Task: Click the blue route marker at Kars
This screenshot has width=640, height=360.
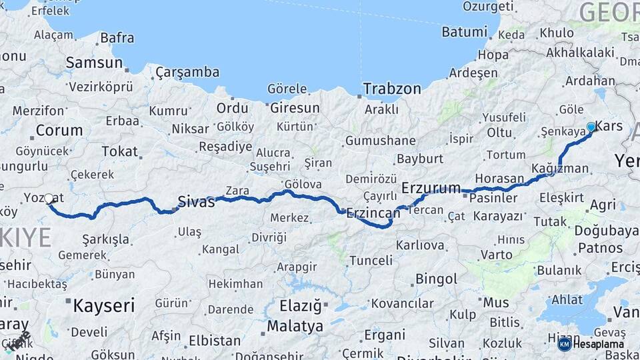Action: [591, 127]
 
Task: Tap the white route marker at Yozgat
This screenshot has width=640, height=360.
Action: [49, 198]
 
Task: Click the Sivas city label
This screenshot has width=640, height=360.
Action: [197, 201]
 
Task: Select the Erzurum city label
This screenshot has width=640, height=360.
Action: [431, 188]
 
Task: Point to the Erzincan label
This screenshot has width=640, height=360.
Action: [373, 213]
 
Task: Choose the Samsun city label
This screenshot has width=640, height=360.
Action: [95, 63]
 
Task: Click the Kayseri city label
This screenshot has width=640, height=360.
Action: [103, 306]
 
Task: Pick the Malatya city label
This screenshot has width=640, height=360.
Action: [295, 327]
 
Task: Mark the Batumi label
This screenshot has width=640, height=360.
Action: [465, 32]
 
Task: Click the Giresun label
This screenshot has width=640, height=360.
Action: [293, 107]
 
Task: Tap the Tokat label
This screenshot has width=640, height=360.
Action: [119, 151]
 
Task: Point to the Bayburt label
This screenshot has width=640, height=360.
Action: [420, 159]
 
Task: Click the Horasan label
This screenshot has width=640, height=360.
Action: [499, 179]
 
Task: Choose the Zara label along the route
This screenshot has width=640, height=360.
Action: [237, 191]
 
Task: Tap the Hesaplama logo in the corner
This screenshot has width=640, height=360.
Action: [591, 344]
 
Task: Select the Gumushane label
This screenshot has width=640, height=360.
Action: [381, 141]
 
